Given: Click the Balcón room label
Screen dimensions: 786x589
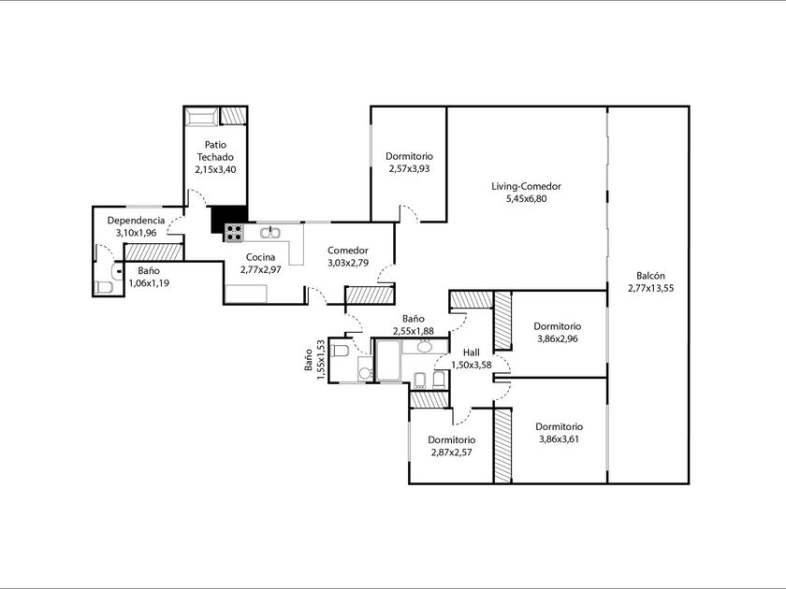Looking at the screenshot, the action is [x=650, y=276].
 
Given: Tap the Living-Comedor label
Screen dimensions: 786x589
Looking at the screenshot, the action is [x=526, y=186].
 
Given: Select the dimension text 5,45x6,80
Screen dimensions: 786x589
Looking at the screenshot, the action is [x=526, y=199].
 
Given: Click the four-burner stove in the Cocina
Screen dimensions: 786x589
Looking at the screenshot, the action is [x=234, y=233].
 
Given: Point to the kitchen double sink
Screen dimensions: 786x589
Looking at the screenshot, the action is [x=270, y=232].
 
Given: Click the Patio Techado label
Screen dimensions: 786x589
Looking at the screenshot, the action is [x=215, y=151].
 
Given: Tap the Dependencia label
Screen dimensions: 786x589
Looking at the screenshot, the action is [x=136, y=221].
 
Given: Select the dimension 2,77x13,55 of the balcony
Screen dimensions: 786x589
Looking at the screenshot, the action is [x=650, y=288].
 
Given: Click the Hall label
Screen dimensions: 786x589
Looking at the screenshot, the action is [x=472, y=352].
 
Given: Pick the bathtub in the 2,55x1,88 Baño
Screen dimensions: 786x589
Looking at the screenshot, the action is [x=388, y=361].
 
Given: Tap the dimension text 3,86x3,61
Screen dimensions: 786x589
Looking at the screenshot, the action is [x=559, y=439].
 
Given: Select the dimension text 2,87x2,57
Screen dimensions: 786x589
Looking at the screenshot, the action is [x=451, y=453].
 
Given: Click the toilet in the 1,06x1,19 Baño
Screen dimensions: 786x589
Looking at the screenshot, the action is [x=104, y=288].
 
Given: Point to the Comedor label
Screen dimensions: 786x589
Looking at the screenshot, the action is [x=348, y=251].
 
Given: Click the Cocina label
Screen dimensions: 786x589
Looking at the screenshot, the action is [x=261, y=257].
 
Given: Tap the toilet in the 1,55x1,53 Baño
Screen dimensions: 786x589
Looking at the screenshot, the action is [x=341, y=350].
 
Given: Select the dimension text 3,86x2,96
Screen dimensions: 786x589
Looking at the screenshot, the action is [x=558, y=338].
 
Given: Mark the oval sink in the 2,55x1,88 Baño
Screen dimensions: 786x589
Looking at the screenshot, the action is [x=425, y=347].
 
